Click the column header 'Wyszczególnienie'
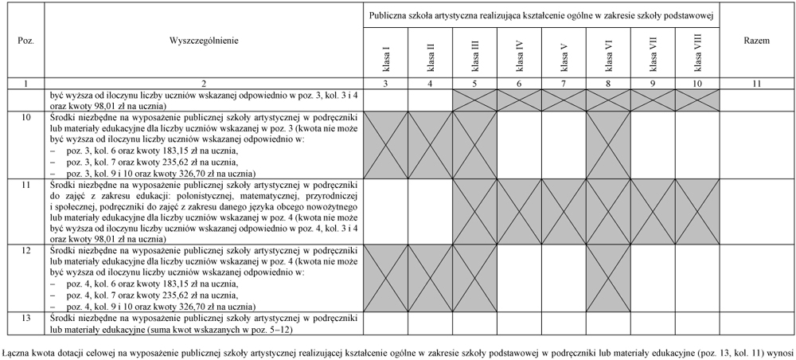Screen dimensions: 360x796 [x=204, y=40]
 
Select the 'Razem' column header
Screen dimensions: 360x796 [x=755, y=40]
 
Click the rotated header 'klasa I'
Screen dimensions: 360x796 [x=386, y=56]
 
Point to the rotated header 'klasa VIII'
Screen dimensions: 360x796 [x=697, y=56]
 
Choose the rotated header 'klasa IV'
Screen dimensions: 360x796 [x=519, y=56]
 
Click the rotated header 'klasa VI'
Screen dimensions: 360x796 [x=608, y=56]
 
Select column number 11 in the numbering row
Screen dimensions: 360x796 [x=755, y=84]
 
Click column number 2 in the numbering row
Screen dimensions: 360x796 [x=204, y=84]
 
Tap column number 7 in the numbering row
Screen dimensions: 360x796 [x=563, y=84]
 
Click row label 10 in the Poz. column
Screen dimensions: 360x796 [x=25, y=116]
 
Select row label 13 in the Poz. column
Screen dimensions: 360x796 [x=25, y=317]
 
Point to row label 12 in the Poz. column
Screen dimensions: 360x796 [x=25, y=250]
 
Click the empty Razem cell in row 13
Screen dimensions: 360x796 [x=755, y=323]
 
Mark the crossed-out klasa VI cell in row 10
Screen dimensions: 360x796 [x=608, y=144]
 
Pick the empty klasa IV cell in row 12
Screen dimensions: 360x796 [x=519, y=277]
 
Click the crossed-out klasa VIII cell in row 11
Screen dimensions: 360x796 [x=697, y=210]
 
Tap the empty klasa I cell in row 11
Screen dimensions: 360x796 [x=386, y=210]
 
